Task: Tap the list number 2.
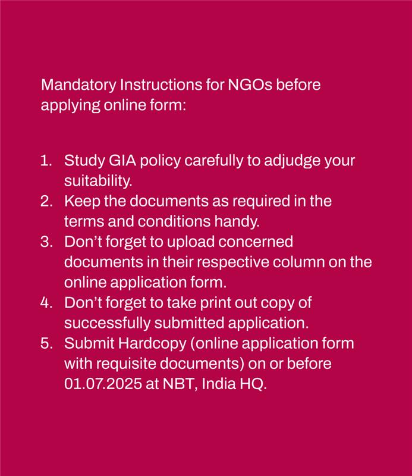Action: click(x=46, y=201)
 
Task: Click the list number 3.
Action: click(x=46, y=242)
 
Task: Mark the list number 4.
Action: click(x=46, y=302)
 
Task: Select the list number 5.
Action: click(x=46, y=343)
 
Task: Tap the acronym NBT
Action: click(x=177, y=384)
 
